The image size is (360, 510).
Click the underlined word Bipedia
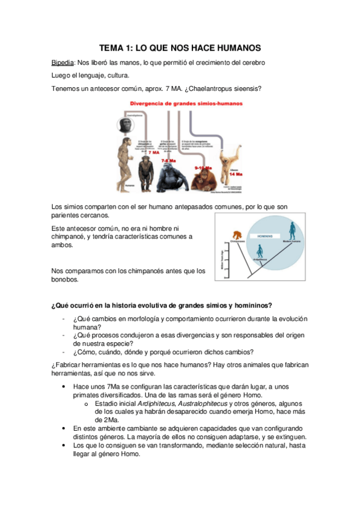(x=63, y=63)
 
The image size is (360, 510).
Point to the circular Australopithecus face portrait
(x=126, y=126)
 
